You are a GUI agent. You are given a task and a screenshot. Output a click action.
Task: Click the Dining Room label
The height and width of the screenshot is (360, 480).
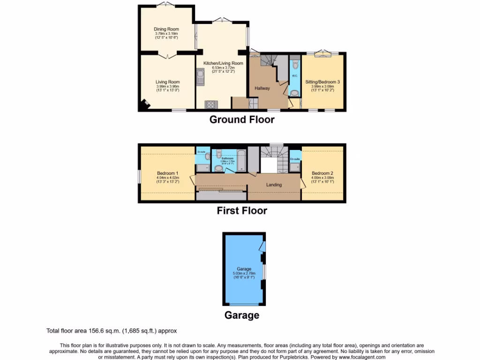[x=166, y=29]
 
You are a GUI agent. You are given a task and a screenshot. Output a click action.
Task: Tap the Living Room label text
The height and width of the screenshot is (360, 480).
[x=167, y=82]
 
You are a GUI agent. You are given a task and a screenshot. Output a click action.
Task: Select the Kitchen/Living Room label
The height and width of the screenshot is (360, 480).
[x=223, y=63]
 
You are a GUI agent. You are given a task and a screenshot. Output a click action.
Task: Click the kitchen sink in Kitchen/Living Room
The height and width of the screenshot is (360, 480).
[x=201, y=78]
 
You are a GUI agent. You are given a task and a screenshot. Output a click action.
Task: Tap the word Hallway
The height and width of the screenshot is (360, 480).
[x=262, y=88]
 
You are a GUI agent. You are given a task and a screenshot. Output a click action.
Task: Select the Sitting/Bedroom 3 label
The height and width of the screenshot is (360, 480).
[x=322, y=82]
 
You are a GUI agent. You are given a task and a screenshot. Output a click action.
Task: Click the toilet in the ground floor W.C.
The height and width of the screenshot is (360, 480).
[x=294, y=65]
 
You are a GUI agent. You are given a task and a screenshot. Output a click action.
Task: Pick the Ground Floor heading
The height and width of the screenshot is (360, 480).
[x=242, y=120]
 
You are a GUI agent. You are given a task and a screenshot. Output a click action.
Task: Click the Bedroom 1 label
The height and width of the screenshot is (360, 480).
[x=167, y=173]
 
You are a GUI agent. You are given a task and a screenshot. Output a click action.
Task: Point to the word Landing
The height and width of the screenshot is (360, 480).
[x=274, y=185]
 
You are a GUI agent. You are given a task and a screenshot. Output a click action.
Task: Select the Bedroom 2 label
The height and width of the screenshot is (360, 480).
[x=322, y=173]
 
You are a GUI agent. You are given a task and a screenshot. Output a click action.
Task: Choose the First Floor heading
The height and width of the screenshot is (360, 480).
[x=242, y=211]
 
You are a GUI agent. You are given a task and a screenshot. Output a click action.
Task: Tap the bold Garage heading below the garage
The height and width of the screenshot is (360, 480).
[x=242, y=315]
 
